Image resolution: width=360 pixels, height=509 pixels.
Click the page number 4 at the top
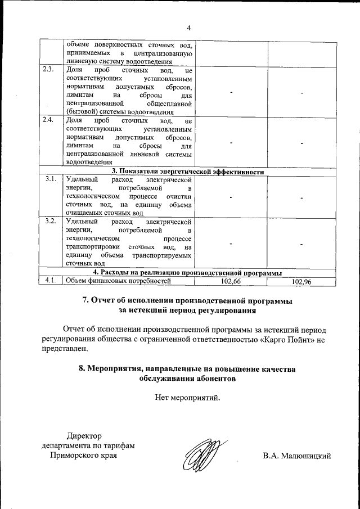pyautogui.click(x=189, y=28)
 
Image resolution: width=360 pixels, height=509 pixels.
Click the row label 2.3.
pyautogui.click(x=48, y=70)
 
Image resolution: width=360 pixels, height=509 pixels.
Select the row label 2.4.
pyautogui.click(x=48, y=120)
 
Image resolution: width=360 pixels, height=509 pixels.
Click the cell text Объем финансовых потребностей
pyautogui.click(x=118, y=280)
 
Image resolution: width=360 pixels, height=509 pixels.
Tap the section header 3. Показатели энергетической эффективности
pyautogui.click(x=188, y=172)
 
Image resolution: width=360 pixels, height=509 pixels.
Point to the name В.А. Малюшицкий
pyautogui.click(x=296, y=456)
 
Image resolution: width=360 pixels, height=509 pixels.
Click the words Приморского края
pyautogui.click(x=84, y=456)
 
